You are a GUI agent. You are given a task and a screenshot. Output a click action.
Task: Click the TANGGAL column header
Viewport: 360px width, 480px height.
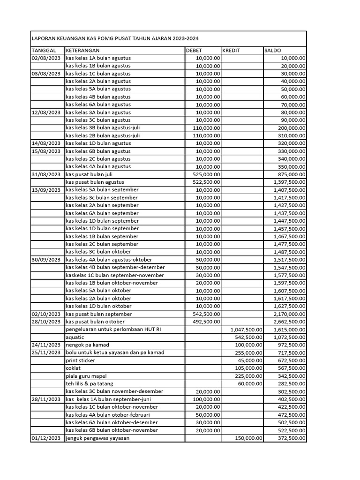coord(44,50)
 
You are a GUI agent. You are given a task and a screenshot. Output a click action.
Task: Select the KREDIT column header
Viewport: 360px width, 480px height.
coord(232,50)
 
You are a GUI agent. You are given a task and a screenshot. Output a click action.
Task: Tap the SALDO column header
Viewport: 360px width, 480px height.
coord(273,50)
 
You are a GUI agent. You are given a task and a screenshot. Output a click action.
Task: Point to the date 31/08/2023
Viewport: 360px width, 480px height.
coord(45,174)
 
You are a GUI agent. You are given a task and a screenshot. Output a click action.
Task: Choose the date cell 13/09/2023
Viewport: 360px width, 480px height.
coord(45,190)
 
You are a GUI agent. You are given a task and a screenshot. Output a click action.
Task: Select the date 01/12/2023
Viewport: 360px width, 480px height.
coord(45,438)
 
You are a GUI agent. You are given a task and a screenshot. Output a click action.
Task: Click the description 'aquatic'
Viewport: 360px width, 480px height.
coord(75,337)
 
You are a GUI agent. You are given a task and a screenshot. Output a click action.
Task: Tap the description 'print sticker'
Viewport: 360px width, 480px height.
coord(80,360)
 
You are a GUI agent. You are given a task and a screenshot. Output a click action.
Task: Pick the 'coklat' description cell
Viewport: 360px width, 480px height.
coord(73,368)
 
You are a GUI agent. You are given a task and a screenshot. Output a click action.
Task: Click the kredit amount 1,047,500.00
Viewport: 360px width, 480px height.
coord(247,330)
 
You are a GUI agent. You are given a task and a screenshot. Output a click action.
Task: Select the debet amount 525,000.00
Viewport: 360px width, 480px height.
coord(206,174)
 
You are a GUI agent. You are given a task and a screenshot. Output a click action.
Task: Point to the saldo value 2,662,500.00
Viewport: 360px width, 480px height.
coord(289,322)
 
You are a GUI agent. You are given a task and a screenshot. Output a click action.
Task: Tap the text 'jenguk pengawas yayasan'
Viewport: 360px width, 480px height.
coord(97,438)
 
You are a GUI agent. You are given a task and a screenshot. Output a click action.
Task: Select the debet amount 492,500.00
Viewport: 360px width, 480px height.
coord(206,322)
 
